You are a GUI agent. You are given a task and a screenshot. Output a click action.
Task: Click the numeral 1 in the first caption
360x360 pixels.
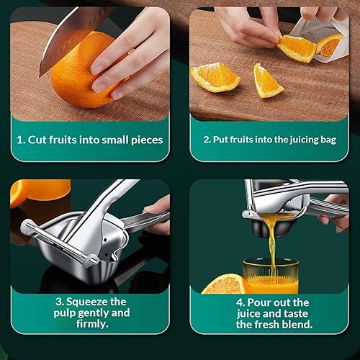[20, 140]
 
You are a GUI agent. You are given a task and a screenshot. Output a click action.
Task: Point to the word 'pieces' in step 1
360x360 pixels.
[145, 140]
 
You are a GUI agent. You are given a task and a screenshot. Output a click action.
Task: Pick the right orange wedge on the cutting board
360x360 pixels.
[268, 81]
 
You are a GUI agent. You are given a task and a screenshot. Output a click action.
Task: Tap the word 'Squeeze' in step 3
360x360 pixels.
[86, 302]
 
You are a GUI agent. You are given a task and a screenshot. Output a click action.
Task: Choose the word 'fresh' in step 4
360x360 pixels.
[268, 325]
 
